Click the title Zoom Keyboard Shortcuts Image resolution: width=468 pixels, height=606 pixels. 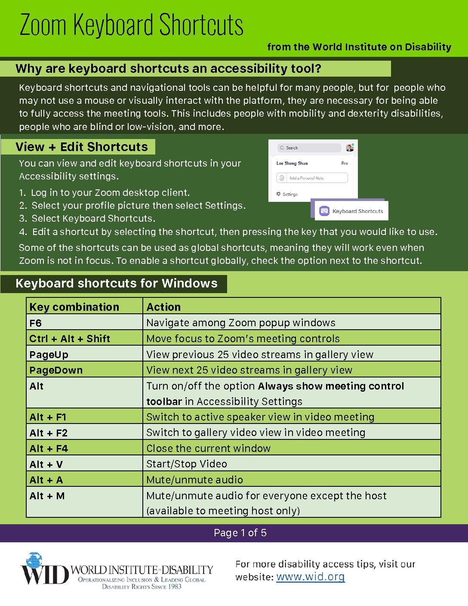(x=131, y=25)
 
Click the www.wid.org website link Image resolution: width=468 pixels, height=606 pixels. (x=310, y=577)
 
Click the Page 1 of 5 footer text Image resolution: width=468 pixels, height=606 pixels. (x=240, y=533)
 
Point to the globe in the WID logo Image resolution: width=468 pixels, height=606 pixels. (x=34, y=561)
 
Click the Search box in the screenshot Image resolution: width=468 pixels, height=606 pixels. (x=309, y=148)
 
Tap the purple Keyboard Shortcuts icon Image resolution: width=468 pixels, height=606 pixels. (x=324, y=211)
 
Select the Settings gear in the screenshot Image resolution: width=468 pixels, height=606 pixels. (x=279, y=194)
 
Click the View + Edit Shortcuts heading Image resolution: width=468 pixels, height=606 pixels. (x=81, y=147)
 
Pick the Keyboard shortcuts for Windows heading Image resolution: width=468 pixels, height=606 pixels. (x=116, y=283)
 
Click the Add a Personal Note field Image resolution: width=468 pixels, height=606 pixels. (x=312, y=178)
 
